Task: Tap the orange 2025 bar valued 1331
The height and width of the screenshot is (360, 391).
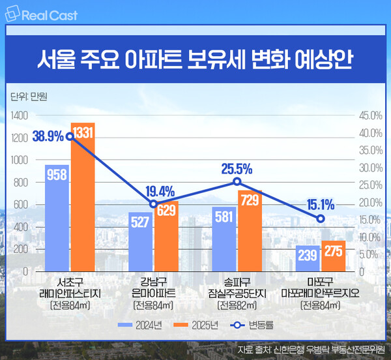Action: [83, 196]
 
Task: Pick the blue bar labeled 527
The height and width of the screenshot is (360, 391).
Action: [140, 241]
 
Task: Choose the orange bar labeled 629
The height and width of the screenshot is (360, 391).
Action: [166, 235]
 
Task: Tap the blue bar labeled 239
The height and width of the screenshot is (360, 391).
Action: [307, 258]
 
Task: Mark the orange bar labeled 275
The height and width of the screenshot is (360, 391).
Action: [332, 256]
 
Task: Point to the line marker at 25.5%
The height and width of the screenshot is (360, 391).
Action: [237, 182]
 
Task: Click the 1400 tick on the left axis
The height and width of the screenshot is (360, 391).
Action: [20, 115]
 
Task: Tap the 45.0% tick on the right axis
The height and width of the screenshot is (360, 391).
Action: [369, 115]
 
